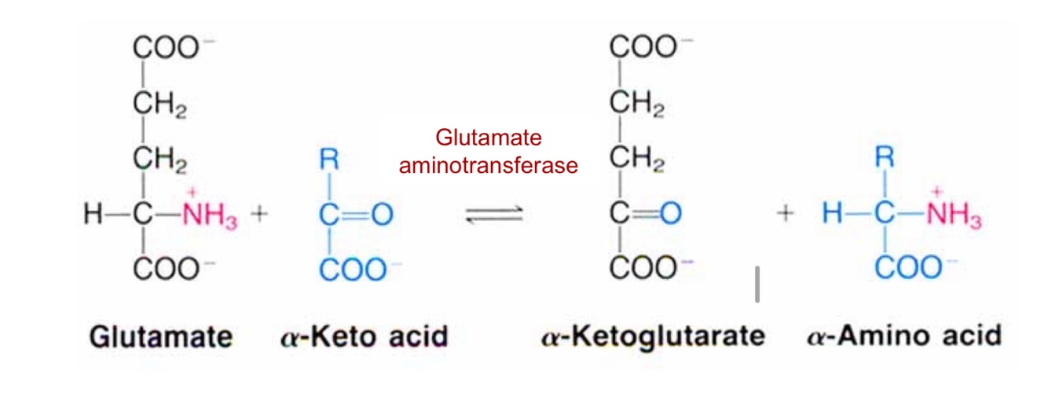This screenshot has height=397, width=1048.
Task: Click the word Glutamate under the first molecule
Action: click(161, 336)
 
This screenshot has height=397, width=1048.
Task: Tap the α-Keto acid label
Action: click(364, 336)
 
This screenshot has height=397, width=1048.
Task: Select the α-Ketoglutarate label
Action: click(653, 336)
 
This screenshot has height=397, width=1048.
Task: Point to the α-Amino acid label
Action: click(904, 336)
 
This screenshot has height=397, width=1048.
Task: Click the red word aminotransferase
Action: click(489, 166)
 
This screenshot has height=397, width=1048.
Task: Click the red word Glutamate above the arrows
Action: click(489, 139)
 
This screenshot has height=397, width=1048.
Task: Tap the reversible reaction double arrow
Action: click(494, 215)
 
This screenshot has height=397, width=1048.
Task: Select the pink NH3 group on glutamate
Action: click(209, 215)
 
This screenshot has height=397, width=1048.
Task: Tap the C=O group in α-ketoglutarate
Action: click(645, 214)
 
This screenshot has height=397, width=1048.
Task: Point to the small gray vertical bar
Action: click(757, 285)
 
